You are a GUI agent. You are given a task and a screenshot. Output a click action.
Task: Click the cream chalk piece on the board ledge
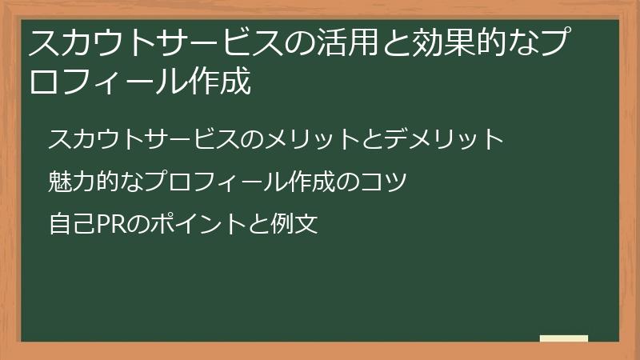564,338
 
